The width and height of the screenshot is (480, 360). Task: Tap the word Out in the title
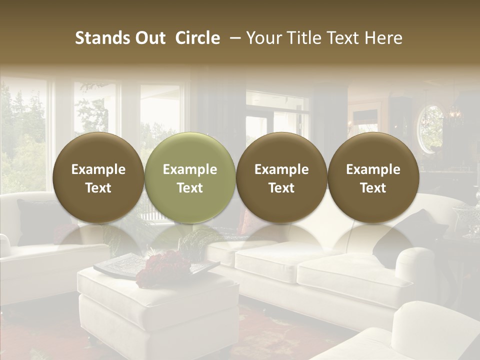pyautogui.click(x=148, y=38)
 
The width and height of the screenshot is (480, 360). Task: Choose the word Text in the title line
pyautogui.click(x=343, y=38)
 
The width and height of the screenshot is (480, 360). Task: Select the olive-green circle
pyautogui.click(x=189, y=177)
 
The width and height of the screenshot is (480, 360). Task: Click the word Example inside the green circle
pyautogui.click(x=189, y=169)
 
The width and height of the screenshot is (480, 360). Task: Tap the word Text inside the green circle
pyautogui.click(x=189, y=188)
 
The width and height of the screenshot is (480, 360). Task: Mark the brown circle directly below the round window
pyautogui.click(x=373, y=177)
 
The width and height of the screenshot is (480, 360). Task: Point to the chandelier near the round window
pyautogui.click(x=455, y=115)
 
